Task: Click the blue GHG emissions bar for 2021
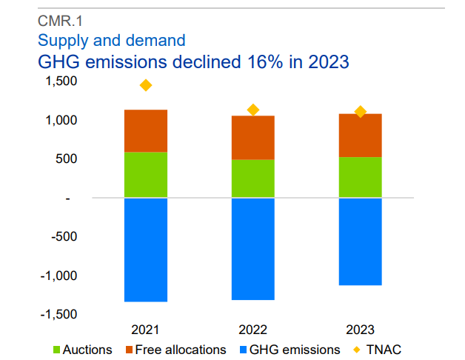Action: point(145,250)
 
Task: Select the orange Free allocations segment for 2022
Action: point(253,137)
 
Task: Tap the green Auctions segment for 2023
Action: point(360,177)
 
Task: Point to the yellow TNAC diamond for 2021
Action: point(146,85)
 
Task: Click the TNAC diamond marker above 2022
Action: point(253,110)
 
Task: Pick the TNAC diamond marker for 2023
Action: point(361,112)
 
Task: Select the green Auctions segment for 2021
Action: point(145,175)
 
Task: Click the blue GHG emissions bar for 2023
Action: point(360,241)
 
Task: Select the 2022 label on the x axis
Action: point(253,330)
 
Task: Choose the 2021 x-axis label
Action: point(146,330)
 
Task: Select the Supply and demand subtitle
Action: point(111,40)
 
